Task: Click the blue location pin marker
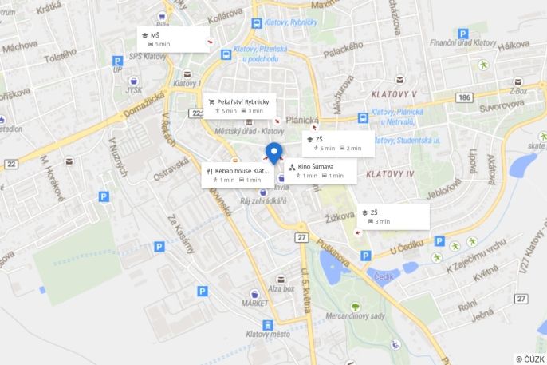[274, 153]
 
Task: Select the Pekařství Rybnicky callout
[240, 105]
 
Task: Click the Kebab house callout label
[237, 174]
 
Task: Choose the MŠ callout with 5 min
[173, 39]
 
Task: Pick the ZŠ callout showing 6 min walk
[338, 143]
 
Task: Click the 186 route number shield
[465, 97]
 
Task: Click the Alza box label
[281, 288]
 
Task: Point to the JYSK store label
[133, 90]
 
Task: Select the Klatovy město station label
[268, 334]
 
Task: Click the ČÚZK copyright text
[530, 359]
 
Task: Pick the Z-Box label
[518, 91]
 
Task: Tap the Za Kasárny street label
[180, 233]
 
